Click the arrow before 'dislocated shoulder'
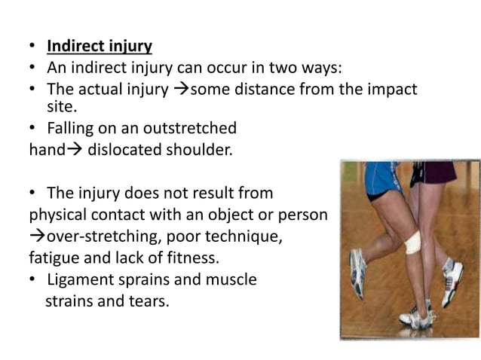coord(72,149)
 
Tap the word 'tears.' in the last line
coord(143,302)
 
